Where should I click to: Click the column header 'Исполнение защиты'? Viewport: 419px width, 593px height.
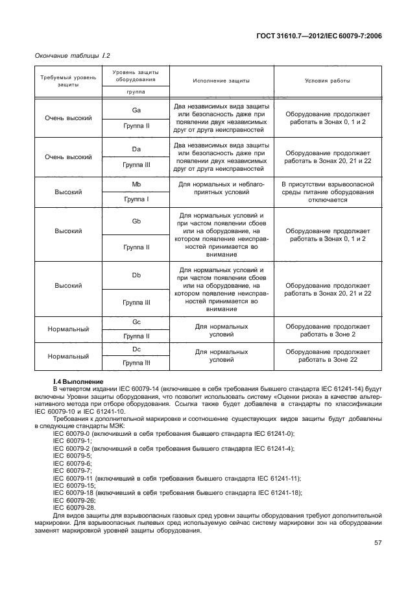[221, 81]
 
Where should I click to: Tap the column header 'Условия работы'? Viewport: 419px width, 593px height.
[328, 81]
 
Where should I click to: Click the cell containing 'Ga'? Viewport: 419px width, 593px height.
[136, 110]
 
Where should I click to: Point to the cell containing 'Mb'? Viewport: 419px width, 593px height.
[136, 185]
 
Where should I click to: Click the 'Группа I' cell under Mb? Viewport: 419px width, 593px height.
[136, 199]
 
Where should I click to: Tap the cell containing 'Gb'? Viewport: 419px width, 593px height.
[136, 221]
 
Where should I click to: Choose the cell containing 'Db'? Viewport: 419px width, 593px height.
[136, 275]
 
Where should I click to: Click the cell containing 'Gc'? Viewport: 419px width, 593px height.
[136, 322]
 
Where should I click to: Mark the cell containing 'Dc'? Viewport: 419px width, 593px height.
[136, 349]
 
